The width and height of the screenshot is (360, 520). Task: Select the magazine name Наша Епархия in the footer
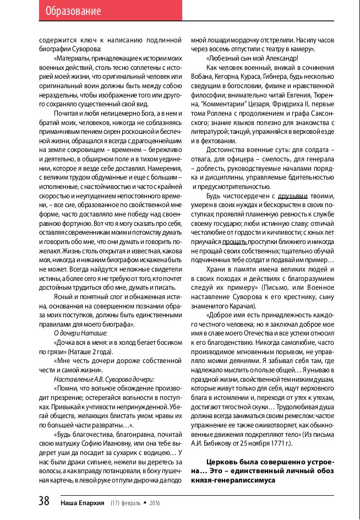pos(83,502)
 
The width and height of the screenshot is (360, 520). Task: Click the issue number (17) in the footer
pos(116,502)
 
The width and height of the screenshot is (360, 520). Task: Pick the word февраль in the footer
pos(133,502)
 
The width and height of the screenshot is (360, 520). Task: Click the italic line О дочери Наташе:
pos(80,334)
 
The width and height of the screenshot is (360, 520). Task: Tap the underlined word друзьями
pos(292,196)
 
